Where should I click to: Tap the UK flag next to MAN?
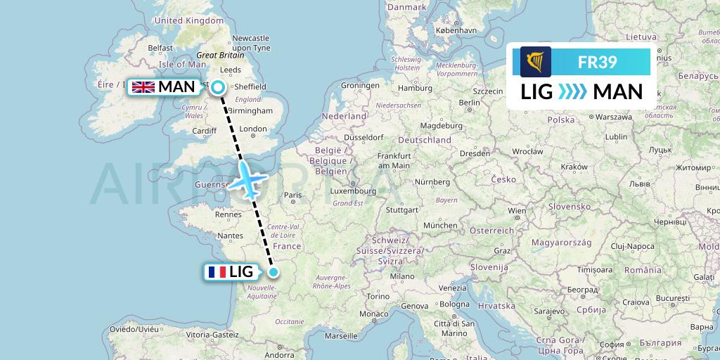pyautogui.click(x=143, y=87)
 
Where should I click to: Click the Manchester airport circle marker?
pyautogui.click(x=219, y=87)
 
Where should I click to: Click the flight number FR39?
pyautogui.click(x=597, y=63)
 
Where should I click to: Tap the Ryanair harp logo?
pyautogui.click(x=535, y=62)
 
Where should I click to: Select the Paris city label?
pyautogui.click(x=292, y=195)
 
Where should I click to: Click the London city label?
pyautogui.click(x=253, y=129)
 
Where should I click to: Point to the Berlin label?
pyautogui.click(x=468, y=103)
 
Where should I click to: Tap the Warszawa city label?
pyautogui.click(x=609, y=117)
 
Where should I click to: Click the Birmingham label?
pyautogui.click(x=250, y=111)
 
